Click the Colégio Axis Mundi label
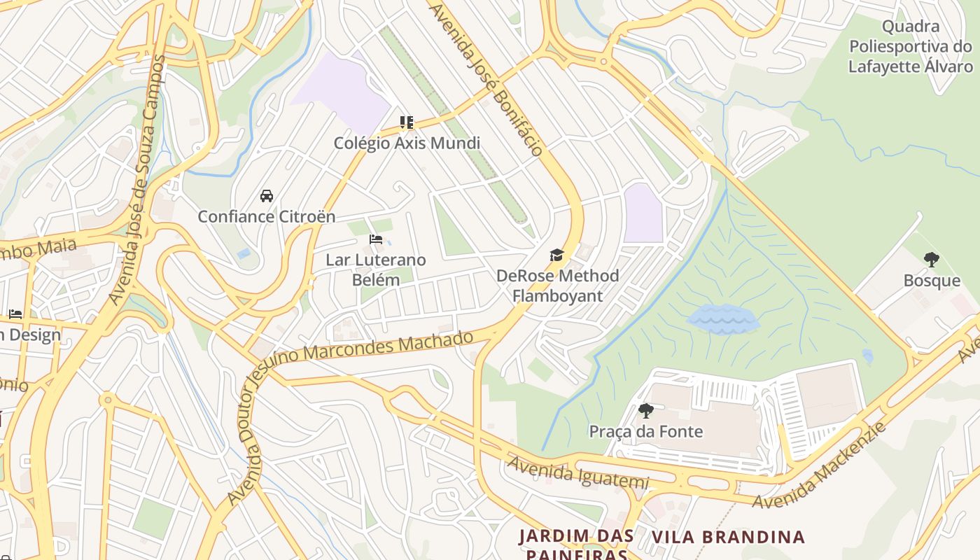[x=407, y=143]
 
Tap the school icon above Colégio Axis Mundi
[x=407, y=122]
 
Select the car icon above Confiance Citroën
[x=267, y=195]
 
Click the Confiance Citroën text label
[x=267, y=216]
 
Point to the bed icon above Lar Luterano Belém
[x=376, y=239]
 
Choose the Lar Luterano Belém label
[x=376, y=269]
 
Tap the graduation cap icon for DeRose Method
[x=557, y=255]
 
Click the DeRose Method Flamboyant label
[x=557, y=285]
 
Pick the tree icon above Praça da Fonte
[x=645, y=410]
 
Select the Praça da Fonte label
[x=645, y=431]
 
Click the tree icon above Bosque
[x=931, y=260]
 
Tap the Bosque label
[x=932, y=281]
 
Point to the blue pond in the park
[x=723, y=319]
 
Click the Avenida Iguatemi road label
[x=578, y=473]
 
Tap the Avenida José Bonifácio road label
[x=487, y=78]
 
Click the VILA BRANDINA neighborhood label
[x=729, y=538]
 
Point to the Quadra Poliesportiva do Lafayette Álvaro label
[x=911, y=47]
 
